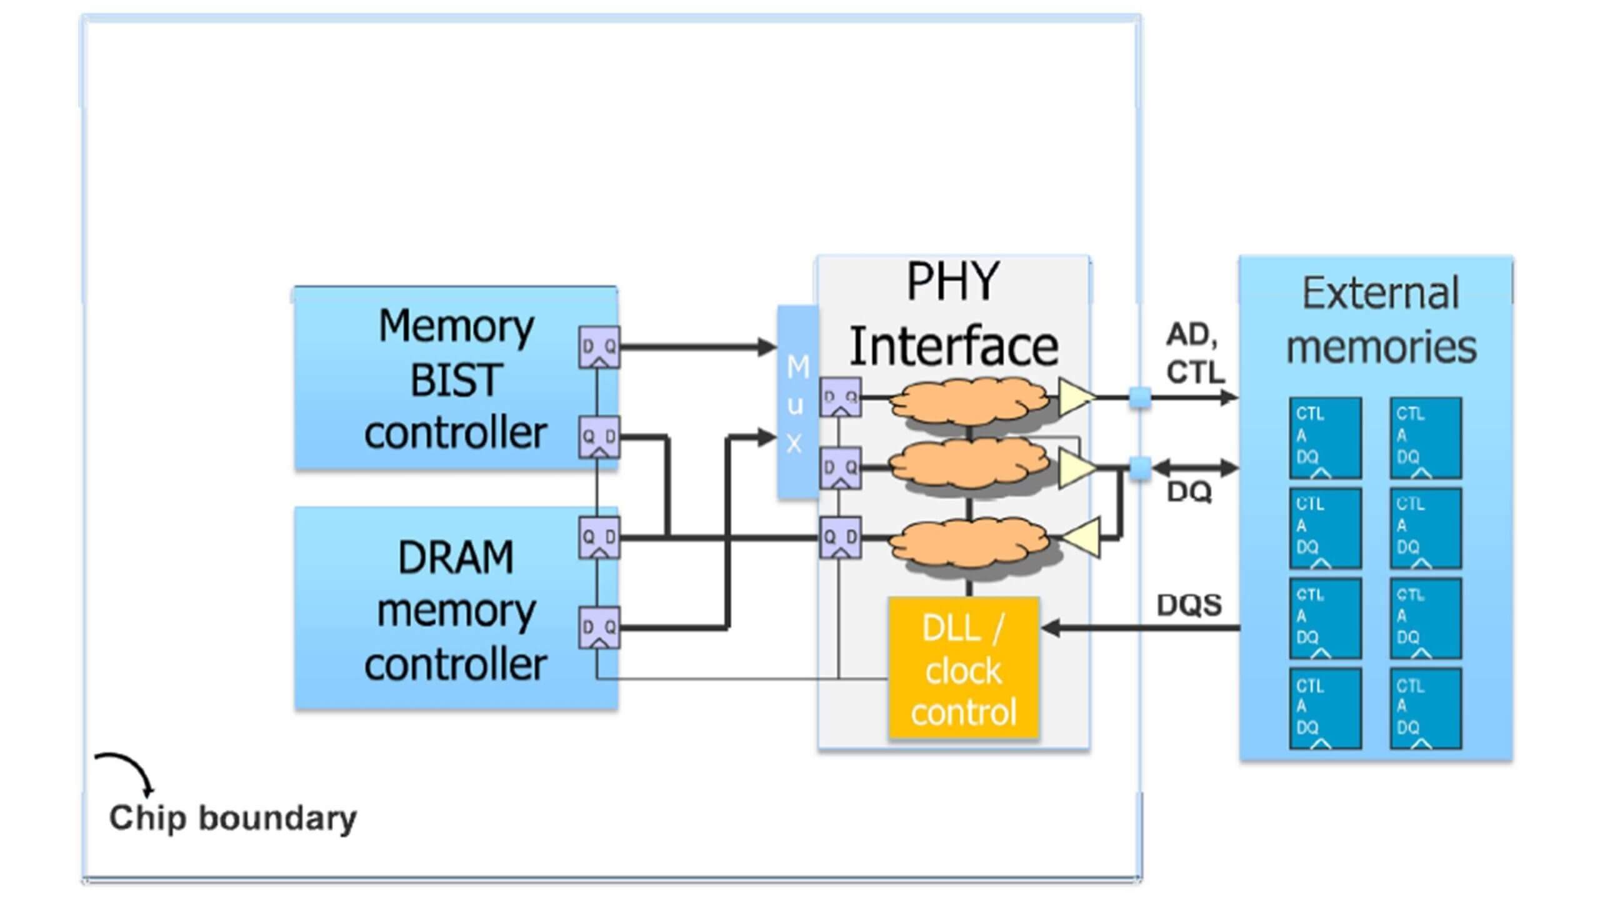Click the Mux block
(797, 402)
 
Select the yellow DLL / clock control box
(963, 668)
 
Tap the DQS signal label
(1189, 605)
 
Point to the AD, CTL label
(1194, 354)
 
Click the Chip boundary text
(232, 818)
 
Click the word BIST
(456, 379)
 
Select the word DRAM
(456, 557)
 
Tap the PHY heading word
(952, 281)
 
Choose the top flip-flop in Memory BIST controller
(599, 347)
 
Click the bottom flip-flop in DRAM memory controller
(599, 627)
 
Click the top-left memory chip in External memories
(1325, 438)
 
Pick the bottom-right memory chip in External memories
(1426, 708)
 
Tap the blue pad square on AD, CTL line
(1140, 398)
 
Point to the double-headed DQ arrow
(1195, 468)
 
